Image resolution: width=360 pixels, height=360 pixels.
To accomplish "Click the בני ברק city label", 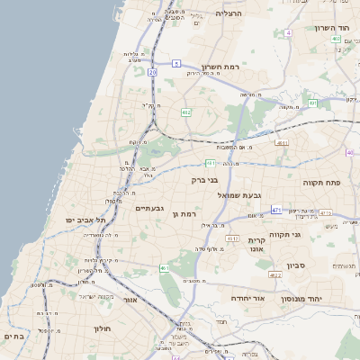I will point(205,179).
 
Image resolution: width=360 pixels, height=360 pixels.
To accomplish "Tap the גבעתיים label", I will point(148,208).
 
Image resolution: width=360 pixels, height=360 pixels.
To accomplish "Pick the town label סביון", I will point(297,265).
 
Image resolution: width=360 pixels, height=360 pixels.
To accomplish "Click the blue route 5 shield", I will point(177,63).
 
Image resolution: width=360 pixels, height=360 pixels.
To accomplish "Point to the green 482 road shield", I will point(186,112).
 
